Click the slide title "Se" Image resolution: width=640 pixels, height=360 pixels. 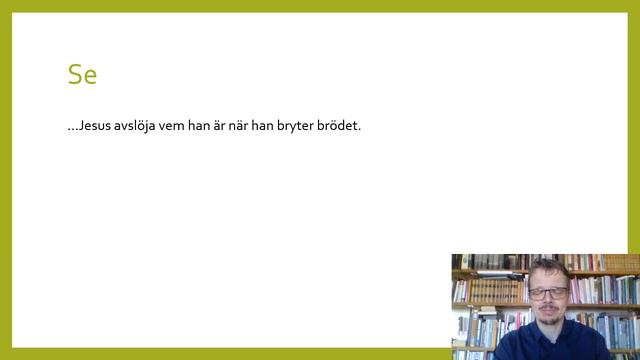point(82,74)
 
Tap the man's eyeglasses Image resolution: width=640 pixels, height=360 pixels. point(547,293)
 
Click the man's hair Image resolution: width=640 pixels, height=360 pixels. point(548,269)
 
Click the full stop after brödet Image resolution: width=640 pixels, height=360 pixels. point(359,129)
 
